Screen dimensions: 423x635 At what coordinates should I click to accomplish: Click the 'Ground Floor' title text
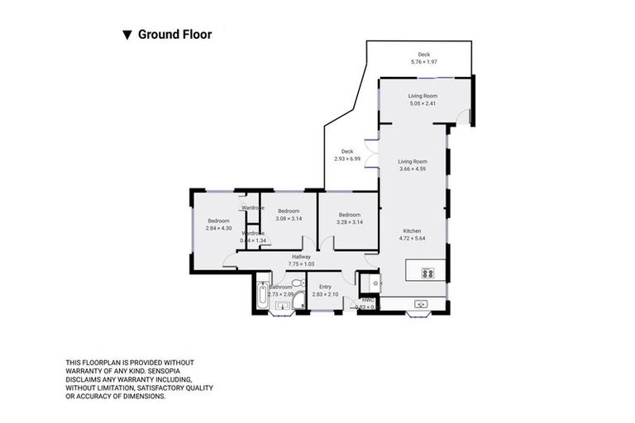(x=174, y=35)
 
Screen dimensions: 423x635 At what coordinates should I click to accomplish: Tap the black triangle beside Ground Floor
(x=127, y=35)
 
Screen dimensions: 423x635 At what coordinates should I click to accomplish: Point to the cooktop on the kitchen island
(x=428, y=273)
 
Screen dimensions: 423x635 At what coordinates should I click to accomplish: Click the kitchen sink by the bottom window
(x=422, y=303)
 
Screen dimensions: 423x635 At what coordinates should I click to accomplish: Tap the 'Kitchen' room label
(x=413, y=231)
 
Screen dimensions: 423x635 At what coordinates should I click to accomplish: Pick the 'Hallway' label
(x=300, y=256)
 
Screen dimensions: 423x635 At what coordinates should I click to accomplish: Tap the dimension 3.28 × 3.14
(x=349, y=221)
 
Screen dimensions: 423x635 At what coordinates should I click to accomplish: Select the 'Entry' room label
(x=325, y=287)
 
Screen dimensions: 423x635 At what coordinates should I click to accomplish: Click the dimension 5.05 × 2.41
(x=423, y=104)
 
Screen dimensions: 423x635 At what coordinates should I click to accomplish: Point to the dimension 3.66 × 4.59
(x=413, y=169)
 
